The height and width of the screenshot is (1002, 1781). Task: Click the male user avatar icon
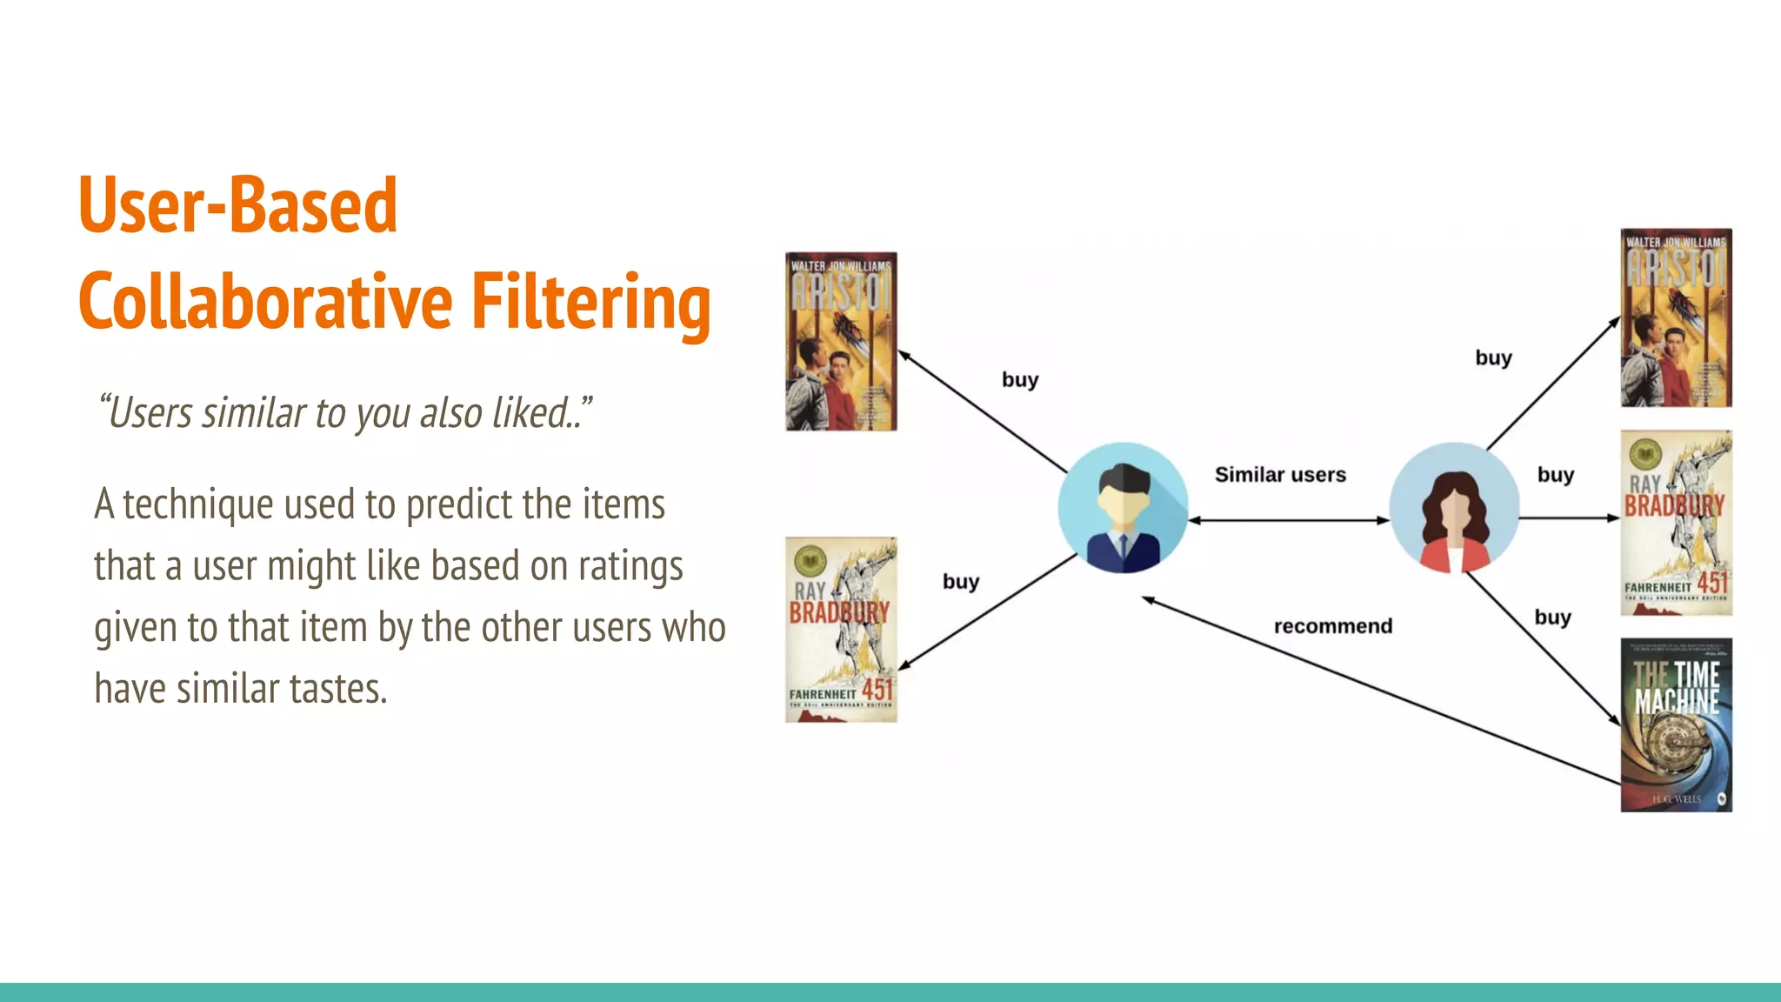(x=1123, y=508)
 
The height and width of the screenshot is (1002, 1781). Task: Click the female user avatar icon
(x=1454, y=508)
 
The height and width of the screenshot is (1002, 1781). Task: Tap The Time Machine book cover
(x=1676, y=725)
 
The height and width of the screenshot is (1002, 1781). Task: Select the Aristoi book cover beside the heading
(x=841, y=342)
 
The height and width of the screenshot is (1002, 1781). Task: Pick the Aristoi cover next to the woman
(x=1676, y=318)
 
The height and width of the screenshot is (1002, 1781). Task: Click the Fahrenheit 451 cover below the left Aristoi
(x=841, y=630)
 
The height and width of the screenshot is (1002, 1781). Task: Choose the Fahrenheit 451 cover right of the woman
(x=1676, y=523)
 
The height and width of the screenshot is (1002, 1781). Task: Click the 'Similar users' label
(x=1280, y=475)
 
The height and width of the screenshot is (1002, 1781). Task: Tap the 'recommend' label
(x=1332, y=626)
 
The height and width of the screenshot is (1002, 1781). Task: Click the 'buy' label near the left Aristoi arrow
(x=1020, y=380)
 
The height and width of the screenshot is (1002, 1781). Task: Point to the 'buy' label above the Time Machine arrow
(x=1552, y=618)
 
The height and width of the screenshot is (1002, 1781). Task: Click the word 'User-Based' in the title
(x=237, y=206)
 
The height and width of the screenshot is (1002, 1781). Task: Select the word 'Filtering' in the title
(x=591, y=302)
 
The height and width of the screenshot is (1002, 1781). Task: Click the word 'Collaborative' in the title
(x=265, y=302)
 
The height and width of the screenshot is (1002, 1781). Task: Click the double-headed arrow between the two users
(x=1289, y=520)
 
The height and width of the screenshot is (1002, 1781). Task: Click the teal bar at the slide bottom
(x=890, y=992)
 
